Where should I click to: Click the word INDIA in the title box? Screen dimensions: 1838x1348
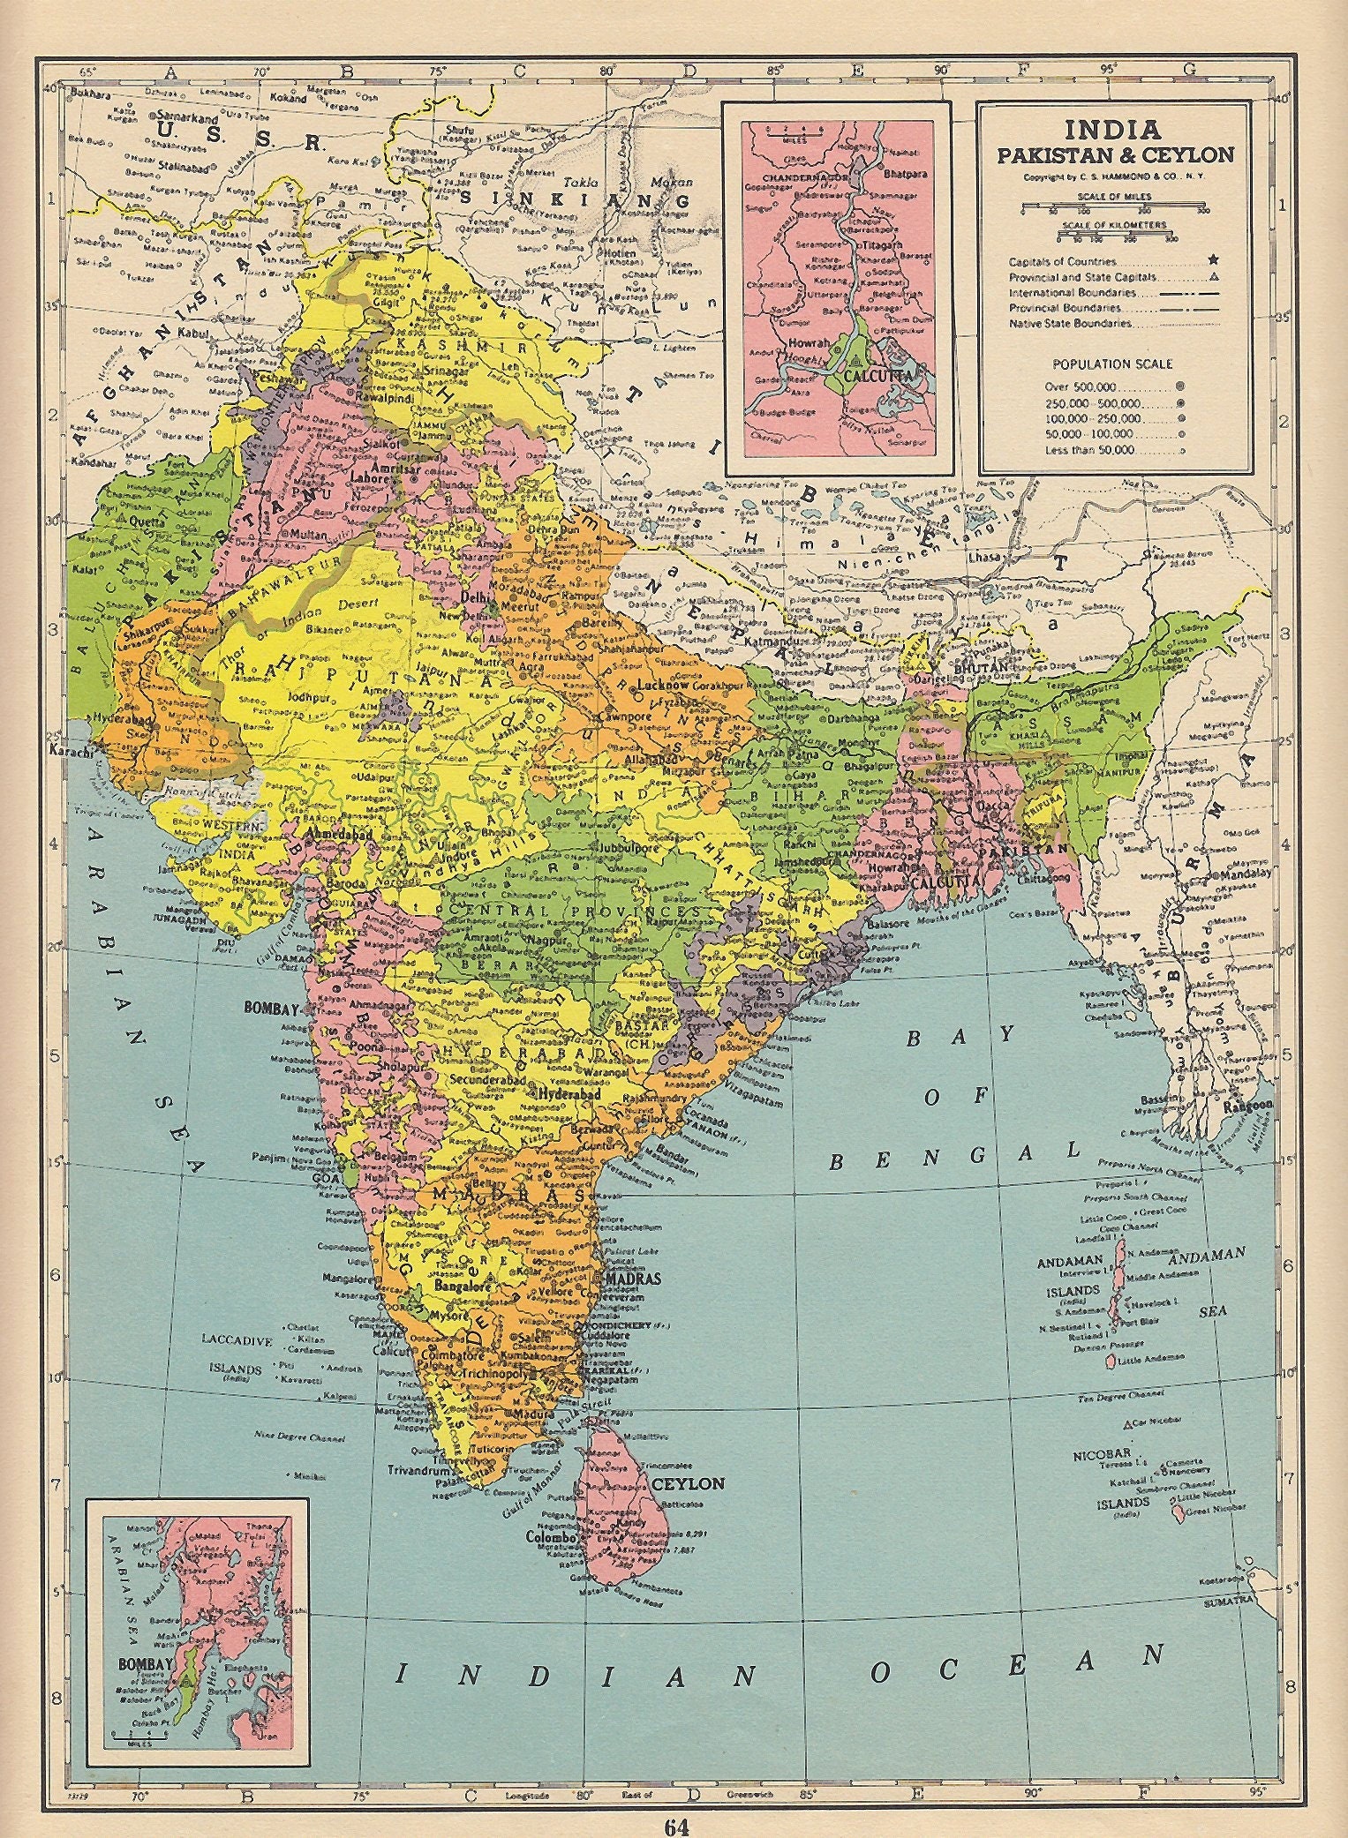click(1111, 130)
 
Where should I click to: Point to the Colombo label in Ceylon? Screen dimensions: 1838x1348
click(552, 1537)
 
